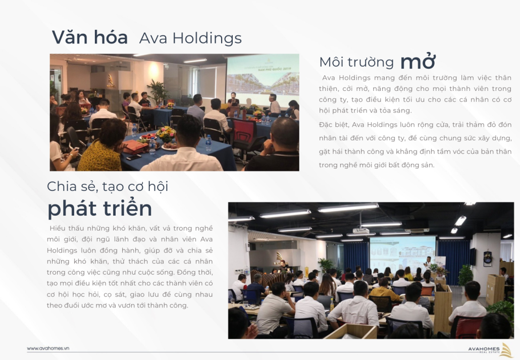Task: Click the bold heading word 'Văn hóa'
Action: coord(89,37)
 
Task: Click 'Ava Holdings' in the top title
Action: coord(190,38)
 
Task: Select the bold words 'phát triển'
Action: coord(100,209)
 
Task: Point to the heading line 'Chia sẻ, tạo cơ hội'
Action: coord(108,186)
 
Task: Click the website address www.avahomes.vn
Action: coord(48,348)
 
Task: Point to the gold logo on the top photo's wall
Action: coord(111,80)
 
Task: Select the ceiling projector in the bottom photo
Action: coord(360,230)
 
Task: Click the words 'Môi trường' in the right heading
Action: coord(356,63)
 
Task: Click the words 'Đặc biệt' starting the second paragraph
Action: coord(333,125)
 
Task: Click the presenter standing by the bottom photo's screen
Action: coord(428,264)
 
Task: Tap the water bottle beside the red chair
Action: coord(209,143)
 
